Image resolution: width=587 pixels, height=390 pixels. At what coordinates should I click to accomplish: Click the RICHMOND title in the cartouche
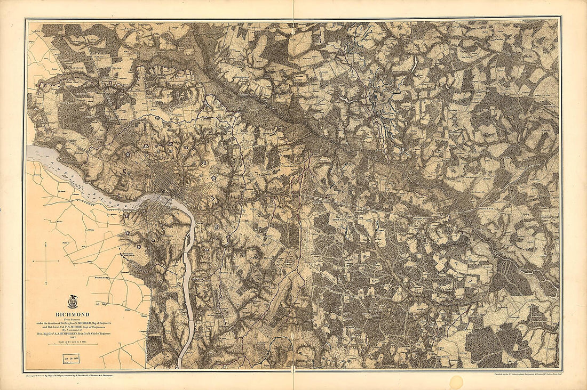click(x=73, y=314)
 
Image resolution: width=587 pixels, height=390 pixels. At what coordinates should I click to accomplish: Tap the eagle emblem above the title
click(x=73, y=302)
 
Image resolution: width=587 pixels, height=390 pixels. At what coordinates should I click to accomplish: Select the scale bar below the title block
click(x=73, y=345)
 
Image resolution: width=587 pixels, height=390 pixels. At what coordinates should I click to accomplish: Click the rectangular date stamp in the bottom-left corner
click(x=71, y=359)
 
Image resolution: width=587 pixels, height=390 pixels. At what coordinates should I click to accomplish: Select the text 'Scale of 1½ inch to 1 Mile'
click(x=73, y=342)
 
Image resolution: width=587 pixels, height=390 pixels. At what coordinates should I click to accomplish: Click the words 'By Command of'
click(x=73, y=330)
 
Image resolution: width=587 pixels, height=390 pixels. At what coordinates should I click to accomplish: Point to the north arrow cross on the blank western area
click(x=46, y=261)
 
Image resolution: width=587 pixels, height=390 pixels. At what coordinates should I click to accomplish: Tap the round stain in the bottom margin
click(x=456, y=382)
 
